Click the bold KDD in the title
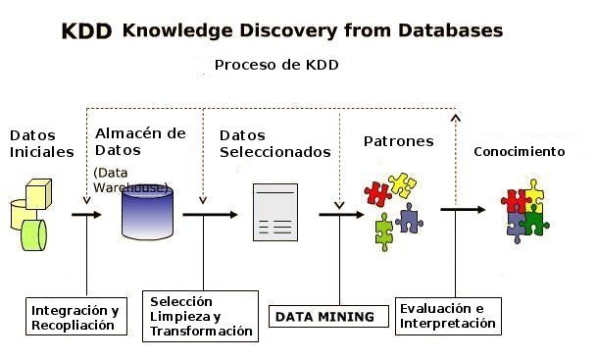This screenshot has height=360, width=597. pos(86,31)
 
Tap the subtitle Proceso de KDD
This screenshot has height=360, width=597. pos(275,65)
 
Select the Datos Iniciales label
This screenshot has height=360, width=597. pos(41,143)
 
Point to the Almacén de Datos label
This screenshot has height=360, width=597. pos(140,141)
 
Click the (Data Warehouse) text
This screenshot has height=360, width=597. pos(128,180)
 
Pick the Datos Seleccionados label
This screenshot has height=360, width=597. pos(274,143)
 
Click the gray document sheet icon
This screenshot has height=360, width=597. pos(275,212)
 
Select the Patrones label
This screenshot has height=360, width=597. pos(398,141)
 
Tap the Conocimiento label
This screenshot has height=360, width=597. pos(519,152)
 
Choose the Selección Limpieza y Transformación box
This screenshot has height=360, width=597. pos(201,316)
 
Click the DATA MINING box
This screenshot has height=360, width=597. pos(324,317)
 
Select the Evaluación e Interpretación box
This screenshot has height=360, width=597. pos(447,316)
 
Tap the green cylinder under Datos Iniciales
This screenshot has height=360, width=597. pos(34,234)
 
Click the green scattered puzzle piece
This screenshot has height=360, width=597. pos(384,231)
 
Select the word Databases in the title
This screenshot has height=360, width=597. pos(452,30)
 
